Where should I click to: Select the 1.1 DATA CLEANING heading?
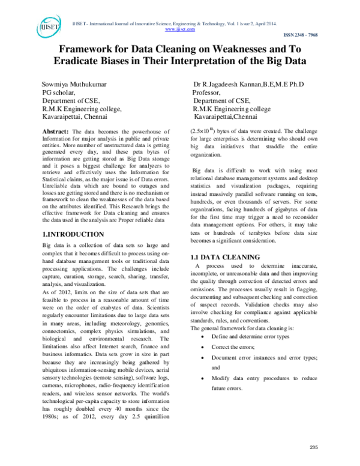click(x=225, y=258)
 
